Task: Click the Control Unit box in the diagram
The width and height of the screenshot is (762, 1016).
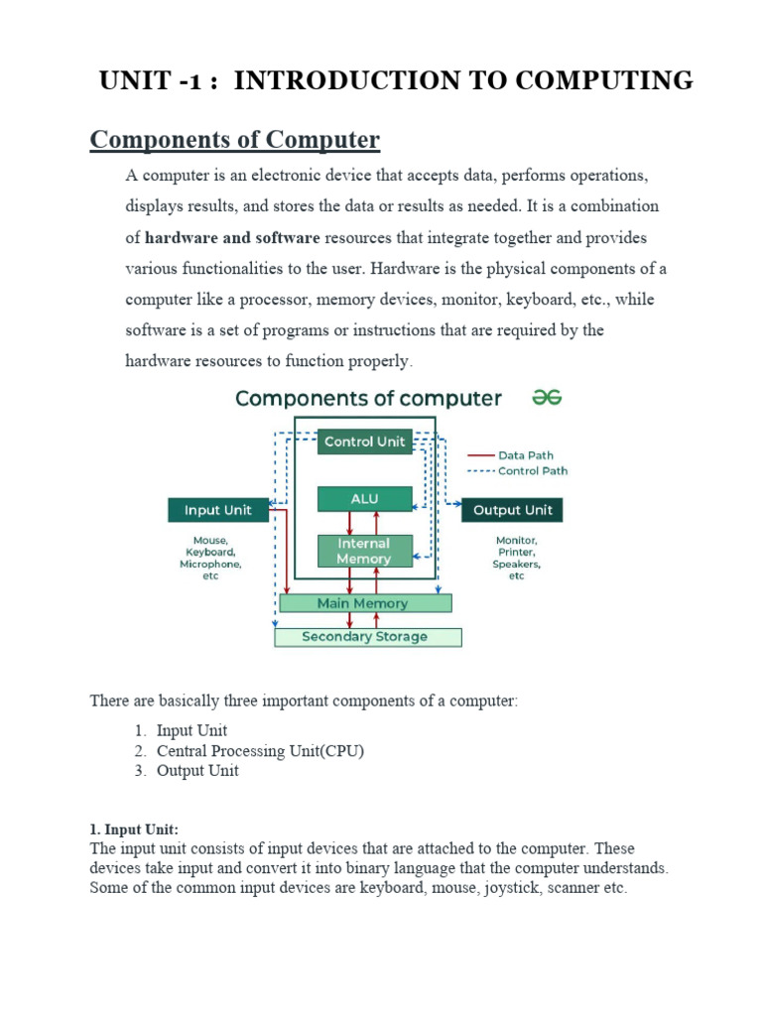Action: (364, 442)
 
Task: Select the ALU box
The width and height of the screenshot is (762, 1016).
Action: (364, 499)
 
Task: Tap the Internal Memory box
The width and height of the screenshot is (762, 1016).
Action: (364, 551)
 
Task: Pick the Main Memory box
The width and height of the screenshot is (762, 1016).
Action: (364, 603)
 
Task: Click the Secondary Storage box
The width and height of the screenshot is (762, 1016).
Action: (367, 637)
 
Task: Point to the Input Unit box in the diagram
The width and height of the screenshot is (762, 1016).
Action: (217, 510)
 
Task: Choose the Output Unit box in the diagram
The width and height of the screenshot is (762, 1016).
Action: (512, 510)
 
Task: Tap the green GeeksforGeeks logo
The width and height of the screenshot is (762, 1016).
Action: (548, 398)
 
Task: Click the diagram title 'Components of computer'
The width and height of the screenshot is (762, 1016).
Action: (368, 399)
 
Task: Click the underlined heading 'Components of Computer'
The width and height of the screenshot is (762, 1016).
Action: (234, 140)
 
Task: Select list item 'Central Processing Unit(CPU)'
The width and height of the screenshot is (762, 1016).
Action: (260, 750)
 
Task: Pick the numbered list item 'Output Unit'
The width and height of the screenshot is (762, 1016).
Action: (197, 770)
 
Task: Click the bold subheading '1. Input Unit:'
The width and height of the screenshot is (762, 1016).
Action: (134, 829)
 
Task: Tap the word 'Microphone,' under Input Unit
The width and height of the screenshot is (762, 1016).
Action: (210, 564)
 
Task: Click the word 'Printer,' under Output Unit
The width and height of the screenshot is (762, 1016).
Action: (516, 552)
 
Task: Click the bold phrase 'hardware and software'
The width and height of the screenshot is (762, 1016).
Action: (232, 238)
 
